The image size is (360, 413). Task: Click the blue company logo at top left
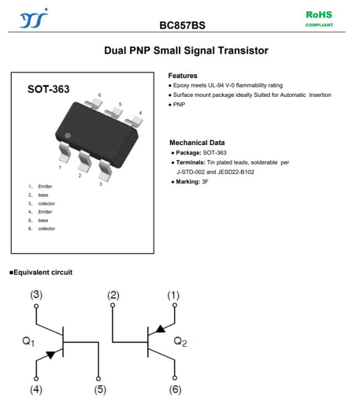pyautogui.click(x=34, y=18)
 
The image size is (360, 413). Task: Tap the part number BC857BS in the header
pyautogui.click(x=182, y=25)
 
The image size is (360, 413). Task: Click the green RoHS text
pyautogui.click(x=319, y=14)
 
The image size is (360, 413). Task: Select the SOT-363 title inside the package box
pyautogui.click(x=49, y=89)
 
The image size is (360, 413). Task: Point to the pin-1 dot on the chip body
pyautogui.click(x=68, y=136)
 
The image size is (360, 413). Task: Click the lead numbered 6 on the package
pyautogui.click(x=93, y=104)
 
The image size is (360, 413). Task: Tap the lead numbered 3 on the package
pyautogui.click(x=106, y=170)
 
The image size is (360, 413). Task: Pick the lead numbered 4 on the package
pyautogui.click(x=134, y=121)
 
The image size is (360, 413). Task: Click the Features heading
pyautogui.click(x=183, y=76)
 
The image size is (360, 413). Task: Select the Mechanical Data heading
pyautogui.click(x=197, y=143)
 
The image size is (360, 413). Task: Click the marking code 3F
pyautogui.click(x=205, y=182)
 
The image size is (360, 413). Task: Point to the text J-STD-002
pyautogui.click(x=191, y=172)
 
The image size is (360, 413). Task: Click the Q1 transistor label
pyautogui.click(x=28, y=342)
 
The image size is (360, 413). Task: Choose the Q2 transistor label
pyautogui.click(x=180, y=342)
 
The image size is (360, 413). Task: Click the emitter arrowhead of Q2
pyautogui.click(x=161, y=329)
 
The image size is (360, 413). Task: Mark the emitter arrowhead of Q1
pyautogui.click(x=51, y=354)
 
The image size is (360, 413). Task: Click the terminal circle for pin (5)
pyautogui.click(x=98, y=379)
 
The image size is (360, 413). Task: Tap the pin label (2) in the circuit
pyautogui.click(x=113, y=296)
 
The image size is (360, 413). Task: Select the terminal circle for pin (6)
pyautogui.click(x=174, y=378)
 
